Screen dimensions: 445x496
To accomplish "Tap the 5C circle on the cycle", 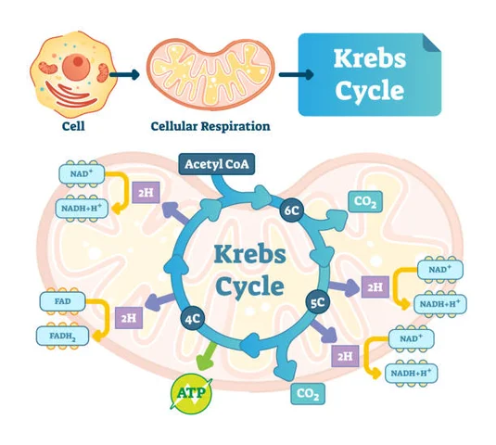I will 315,301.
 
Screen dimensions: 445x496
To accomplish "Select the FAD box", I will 62,302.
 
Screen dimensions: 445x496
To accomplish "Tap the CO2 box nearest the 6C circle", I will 362,201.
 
